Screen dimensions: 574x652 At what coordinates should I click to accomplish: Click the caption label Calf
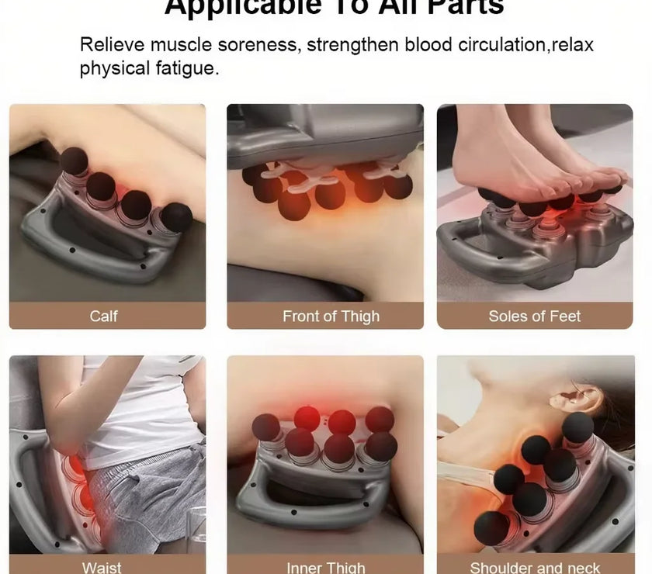[x=104, y=316]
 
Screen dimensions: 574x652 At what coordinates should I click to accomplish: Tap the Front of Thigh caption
[x=331, y=316]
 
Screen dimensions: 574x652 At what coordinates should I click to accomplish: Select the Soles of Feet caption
[x=535, y=316]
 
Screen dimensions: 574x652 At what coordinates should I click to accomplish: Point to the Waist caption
[x=102, y=567]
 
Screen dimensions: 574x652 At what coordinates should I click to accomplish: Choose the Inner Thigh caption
[x=325, y=567]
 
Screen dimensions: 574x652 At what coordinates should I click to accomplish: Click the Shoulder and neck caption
[x=535, y=567]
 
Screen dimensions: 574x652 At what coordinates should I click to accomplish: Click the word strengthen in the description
[x=353, y=45]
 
